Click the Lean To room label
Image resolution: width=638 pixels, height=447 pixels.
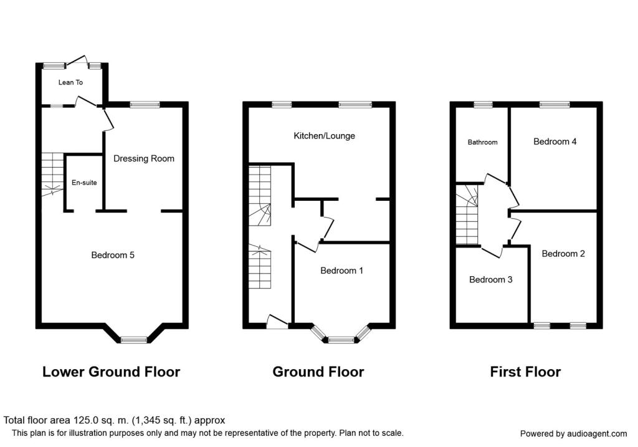pos(70,82)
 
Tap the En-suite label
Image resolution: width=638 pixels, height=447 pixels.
pos(84,183)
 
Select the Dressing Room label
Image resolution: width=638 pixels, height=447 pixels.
pos(144,158)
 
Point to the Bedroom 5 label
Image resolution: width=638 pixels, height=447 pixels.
pos(113,255)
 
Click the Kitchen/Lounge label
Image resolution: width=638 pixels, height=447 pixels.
pos(324,135)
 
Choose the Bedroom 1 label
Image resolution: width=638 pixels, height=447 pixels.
pos(342,271)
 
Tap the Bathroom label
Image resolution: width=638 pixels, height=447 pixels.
pos(483,142)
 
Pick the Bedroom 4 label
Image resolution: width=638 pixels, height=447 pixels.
pos(555,142)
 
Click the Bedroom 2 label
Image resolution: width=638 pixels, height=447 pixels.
pos(563,254)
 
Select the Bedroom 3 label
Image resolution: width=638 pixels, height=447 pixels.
pos(491,279)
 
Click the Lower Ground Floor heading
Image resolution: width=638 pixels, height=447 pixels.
pos(111,372)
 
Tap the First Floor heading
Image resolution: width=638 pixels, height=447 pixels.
pos(525,372)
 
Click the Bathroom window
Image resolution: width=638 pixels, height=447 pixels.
pos(483,105)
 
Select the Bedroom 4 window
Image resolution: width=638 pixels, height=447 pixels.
pos(555,105)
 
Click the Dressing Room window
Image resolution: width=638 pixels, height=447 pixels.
pos(145,105)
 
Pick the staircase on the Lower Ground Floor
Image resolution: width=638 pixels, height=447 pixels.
pos(52,174)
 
